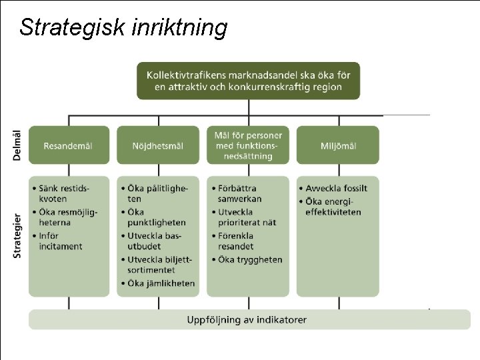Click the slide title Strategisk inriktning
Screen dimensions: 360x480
(123, 27)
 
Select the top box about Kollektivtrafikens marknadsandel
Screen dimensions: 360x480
(248, 81)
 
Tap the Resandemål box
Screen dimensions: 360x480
(68, 145)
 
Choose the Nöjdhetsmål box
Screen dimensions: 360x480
(158, 145)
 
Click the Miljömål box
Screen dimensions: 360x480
(337, 145)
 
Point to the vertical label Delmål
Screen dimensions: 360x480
(17, 145)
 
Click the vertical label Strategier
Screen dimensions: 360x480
(17, 235)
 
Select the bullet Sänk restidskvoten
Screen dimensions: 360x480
(64, 193)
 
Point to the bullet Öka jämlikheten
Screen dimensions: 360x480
(161, 283)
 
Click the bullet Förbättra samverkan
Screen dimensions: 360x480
(239, 193)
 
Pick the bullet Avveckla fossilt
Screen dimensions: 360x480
(336, 188)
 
